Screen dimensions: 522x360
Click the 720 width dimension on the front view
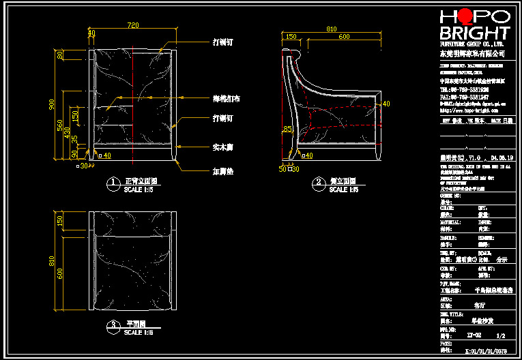pos(133,25)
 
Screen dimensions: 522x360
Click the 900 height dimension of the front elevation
pos(51,104)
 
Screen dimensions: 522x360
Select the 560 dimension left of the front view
pos(60,125)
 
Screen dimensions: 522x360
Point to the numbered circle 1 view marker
pos(113,183)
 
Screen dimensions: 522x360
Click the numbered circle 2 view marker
pos(319,183)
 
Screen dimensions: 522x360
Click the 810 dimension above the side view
pos(332,29)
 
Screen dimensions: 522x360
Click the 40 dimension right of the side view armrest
pos(386,104)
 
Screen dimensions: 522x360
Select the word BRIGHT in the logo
pos(475,33)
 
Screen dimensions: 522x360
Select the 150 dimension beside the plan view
pos(60,220)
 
